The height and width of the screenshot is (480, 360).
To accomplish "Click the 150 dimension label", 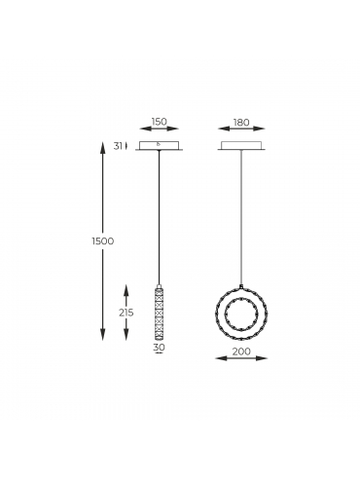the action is click(159, 122).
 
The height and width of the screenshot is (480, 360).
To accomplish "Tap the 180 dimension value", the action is click(241, 123).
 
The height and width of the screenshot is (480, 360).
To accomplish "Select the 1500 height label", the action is click(103, 241).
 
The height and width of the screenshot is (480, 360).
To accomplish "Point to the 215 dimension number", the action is click(126, 313).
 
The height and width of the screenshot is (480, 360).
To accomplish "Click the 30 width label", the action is click(159, 347).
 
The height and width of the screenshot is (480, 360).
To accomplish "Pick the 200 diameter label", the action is click(241, 351).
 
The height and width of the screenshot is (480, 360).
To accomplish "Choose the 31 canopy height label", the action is click(118, 146).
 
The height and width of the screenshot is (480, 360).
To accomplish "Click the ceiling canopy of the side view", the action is click(159, 146).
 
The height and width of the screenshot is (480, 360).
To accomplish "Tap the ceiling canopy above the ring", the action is click(241, 146).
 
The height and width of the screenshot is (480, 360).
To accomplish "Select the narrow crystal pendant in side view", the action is click(159, 312).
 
